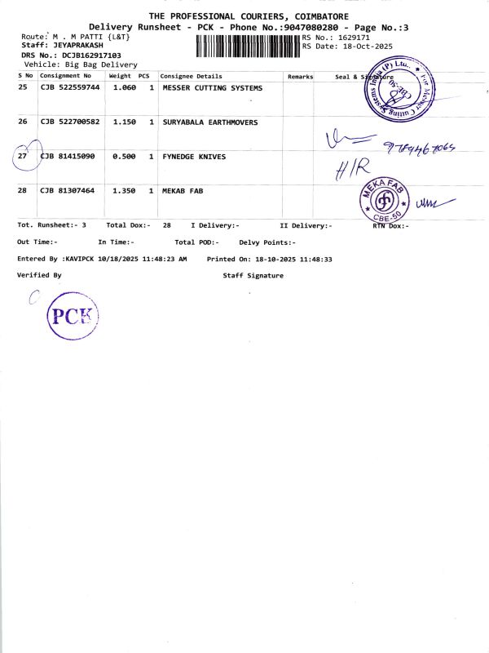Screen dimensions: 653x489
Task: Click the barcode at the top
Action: point(248,46)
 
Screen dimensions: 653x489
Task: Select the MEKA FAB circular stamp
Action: point(382,200)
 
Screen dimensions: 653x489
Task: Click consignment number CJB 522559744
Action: point(70,87)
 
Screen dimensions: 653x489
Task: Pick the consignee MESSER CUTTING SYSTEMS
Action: point(213,87)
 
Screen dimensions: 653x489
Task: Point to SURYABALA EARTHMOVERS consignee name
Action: point(210,122)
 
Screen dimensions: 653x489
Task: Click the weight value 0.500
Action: point(124,156)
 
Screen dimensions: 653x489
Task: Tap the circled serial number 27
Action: point(23,156)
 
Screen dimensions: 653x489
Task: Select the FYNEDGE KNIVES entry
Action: point(195,156)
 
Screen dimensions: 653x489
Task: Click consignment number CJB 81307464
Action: point(68,190)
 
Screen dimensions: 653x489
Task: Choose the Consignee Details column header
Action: point(192,76)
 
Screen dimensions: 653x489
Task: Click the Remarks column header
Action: point(300,76)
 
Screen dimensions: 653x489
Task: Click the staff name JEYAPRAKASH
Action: point(78,46)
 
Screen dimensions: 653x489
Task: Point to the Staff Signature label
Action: point(253,276)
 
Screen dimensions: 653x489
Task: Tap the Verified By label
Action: point(39,276)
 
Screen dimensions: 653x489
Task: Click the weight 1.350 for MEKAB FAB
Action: point(124,190)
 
